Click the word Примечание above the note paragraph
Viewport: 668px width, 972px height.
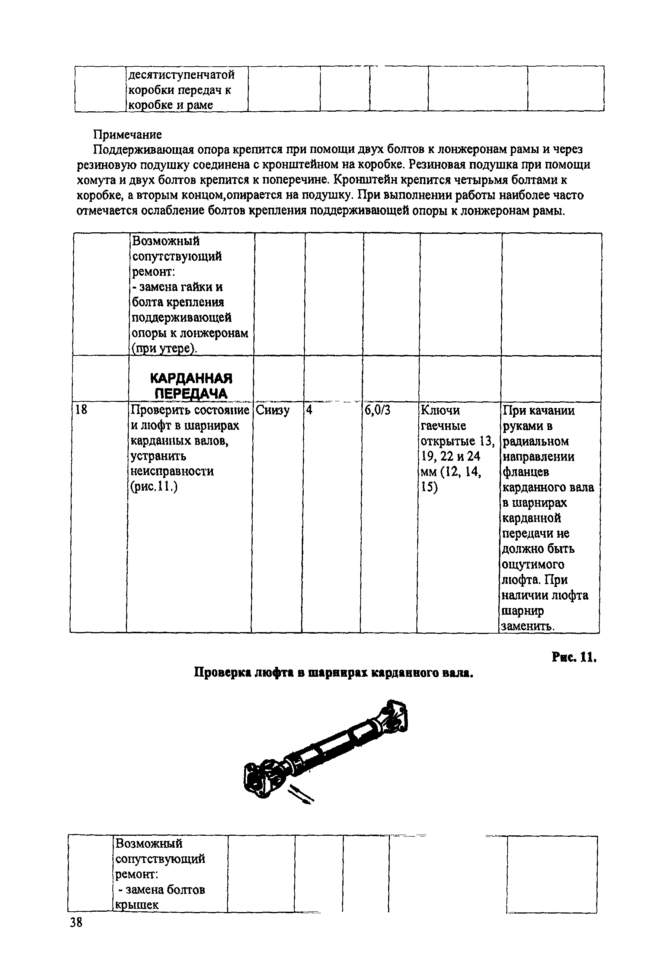click(x=127, y=135)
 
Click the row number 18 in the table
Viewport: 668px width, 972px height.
click(x=81, y=410)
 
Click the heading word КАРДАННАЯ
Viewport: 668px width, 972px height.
click(x=191, y=379)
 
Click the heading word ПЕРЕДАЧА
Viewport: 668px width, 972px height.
click(x=191, y=394)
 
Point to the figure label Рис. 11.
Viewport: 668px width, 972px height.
click(x=573, y=658)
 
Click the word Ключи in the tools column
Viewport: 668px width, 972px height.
click(x=440, y=410)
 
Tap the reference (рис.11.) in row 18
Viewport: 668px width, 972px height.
click(x=154, y=487)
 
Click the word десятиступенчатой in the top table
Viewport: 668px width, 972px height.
click(x=181, y=75)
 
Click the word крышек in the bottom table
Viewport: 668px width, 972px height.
click(x=137, y=905)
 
